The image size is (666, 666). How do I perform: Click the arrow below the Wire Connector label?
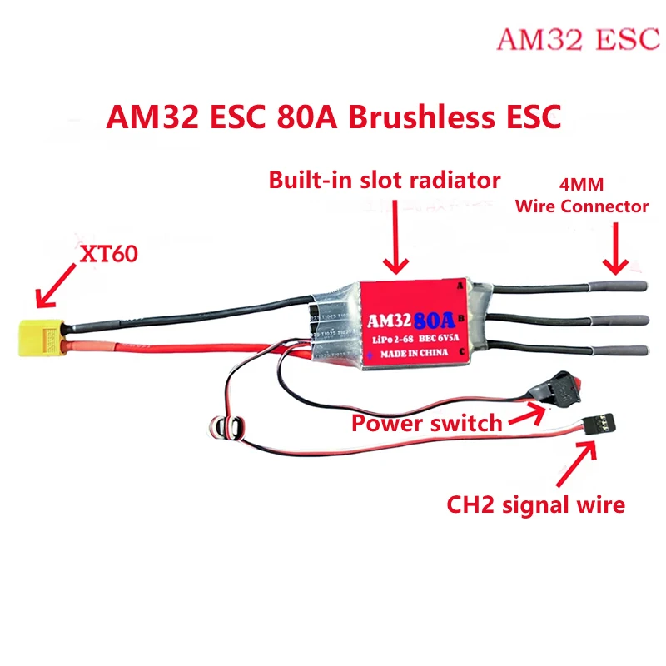616,250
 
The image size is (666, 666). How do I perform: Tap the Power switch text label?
426,423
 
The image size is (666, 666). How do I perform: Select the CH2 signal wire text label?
535,504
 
